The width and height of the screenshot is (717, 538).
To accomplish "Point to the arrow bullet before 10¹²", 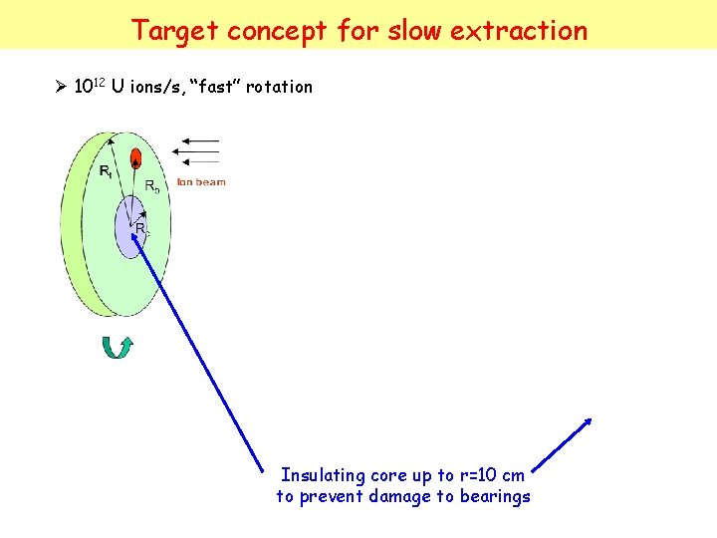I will pos(60,87).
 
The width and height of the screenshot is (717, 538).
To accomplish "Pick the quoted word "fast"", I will pos(207,87).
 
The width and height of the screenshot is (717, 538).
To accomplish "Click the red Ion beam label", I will pos(201,182).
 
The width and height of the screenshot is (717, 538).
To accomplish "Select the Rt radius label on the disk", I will pos(106,172).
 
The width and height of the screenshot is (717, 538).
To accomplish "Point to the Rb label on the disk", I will pos(151,186).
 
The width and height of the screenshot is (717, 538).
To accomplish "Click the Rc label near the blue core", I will pos(141,229).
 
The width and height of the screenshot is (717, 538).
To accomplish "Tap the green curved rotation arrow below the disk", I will pos(119,348).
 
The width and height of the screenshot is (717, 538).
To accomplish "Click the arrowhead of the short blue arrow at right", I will pos(589,420).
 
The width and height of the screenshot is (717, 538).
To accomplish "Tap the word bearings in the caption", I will pos(494,496).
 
